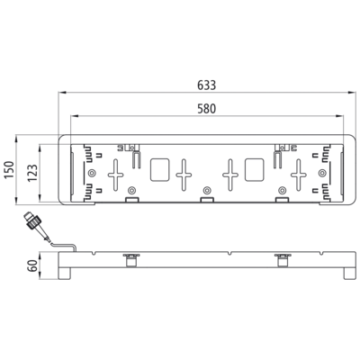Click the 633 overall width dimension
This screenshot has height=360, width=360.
(207, 85)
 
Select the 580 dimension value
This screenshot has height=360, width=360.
(207, 109)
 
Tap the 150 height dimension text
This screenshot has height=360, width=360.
(9, 170)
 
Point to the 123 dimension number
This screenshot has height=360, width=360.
(32, 173)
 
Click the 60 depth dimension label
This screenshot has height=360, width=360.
(32, 265)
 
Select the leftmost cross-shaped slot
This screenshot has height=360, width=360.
(115, 175)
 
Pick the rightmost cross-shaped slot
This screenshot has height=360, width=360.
(299, 175)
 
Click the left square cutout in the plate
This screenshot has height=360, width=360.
(159, 170)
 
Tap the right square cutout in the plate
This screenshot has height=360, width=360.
(255, 170)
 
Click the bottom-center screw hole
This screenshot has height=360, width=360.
(206, 190)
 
